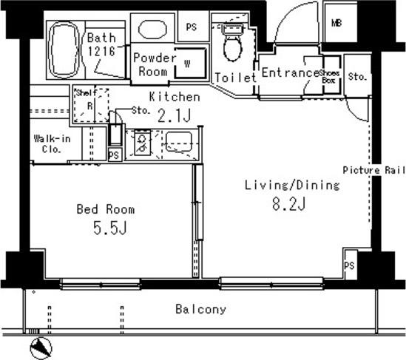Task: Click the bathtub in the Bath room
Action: coord(64,50)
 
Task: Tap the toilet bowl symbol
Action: coord(233,42)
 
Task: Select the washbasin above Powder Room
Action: coord(152,29)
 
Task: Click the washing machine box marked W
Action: coord(191,63)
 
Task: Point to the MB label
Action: coord(336,24)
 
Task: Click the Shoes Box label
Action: coord(329,77)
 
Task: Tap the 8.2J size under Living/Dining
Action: coord(289,204)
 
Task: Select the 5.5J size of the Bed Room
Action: coord(109,228)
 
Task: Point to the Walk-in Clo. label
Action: coord(52,144)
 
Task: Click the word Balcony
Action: coord(200,310)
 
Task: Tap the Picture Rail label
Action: coord(374,170)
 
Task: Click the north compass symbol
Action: coord(41,348)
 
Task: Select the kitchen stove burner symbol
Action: coord(142,143)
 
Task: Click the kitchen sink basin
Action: coord(179,142)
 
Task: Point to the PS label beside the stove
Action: coord(114,155)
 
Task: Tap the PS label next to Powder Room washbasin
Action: coord(192,27)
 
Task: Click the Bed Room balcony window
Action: coord(101,284)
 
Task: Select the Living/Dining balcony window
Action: coord(271,283)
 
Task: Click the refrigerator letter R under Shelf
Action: coord(89,106)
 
